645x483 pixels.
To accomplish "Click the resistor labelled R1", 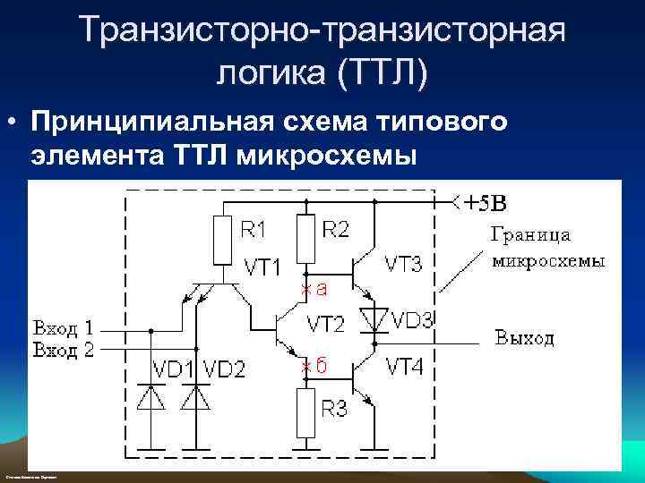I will click(223, 240).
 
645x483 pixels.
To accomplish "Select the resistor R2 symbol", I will click(305, 238).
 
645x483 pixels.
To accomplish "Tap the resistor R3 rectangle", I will click(305, 412).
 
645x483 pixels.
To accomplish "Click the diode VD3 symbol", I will click(374, 318).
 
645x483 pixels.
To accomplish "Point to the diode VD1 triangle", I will click(150, 399).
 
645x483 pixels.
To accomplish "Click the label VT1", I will click(262, 267).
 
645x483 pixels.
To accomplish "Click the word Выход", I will click(525, 337).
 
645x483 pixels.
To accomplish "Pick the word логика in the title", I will click(270, 72).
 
